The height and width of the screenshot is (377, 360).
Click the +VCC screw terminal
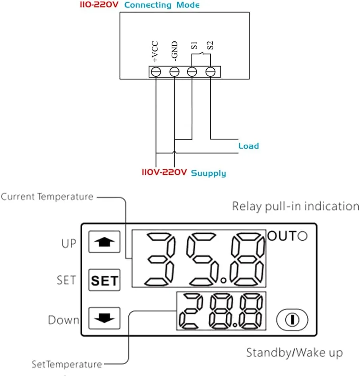156,72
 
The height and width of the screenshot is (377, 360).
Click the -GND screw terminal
174,72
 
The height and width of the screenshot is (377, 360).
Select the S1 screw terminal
192,72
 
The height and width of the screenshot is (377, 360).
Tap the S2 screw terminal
210,72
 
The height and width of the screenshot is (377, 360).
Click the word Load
248,146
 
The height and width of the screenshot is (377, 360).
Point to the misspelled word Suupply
209,173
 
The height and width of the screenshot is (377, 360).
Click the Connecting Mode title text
162,5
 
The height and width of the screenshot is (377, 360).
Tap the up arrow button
104,242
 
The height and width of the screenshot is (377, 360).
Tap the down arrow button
104,319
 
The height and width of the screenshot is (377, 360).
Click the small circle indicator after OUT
302,236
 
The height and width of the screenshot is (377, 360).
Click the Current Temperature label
47,196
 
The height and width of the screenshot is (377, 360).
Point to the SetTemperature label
67,364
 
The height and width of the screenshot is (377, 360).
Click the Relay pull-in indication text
295,206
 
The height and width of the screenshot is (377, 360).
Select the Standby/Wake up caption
294,352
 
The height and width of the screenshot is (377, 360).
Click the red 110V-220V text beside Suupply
165,173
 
